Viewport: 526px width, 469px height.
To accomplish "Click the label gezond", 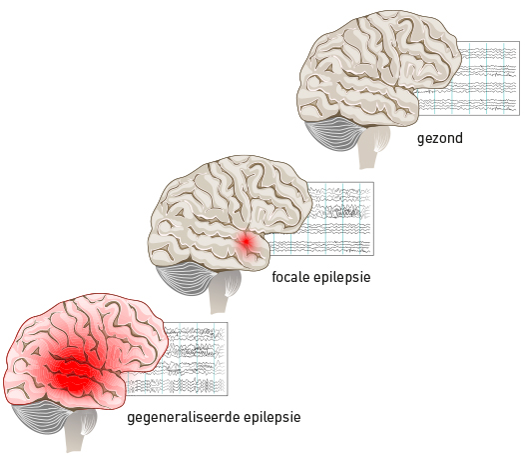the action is [440, 139].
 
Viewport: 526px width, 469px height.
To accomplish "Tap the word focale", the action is [290, 277].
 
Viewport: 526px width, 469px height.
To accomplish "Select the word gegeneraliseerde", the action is [184, 418].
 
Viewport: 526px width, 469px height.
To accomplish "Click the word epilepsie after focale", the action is [342, 278].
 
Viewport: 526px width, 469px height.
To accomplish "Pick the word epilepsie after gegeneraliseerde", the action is [272, 418].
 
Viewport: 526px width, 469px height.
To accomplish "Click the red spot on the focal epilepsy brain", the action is [247, 241].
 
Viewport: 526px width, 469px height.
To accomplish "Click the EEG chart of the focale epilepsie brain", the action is [338, 219].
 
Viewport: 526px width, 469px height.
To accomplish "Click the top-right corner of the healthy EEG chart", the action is [520, 42].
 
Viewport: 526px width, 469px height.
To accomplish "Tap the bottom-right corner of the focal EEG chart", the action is [373, 256].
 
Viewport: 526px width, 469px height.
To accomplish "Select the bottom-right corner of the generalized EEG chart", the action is [228, 395].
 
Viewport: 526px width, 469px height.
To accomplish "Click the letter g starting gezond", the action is [420, 140].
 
